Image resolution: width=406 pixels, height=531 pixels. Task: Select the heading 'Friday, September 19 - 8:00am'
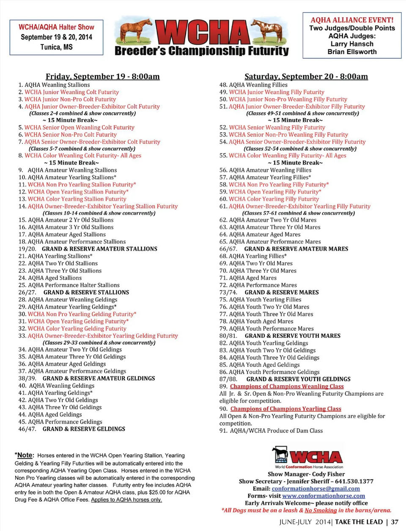(102, 77)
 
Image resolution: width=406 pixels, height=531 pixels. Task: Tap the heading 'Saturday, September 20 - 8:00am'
(306, 77)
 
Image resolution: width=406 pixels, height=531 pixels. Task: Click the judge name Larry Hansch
(352, 44)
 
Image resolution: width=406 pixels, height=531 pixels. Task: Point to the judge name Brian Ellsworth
(352, 52)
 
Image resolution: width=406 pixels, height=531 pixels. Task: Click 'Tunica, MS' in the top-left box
(56, 47)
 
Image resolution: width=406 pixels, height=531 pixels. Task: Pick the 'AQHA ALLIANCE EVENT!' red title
(352, 20)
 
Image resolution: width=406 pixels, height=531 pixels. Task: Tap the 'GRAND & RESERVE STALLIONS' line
(86, 293)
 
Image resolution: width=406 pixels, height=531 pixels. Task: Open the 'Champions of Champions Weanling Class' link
(287, 386)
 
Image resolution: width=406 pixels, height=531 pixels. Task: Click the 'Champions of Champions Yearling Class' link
(285, 409)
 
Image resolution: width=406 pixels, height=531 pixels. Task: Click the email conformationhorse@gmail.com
(315, 489)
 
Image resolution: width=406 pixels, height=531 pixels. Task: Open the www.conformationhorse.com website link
(324, 496)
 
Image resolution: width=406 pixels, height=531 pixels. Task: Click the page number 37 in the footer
(395, 522)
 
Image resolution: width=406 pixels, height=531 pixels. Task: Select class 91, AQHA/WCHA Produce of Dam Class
(271, 431)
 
